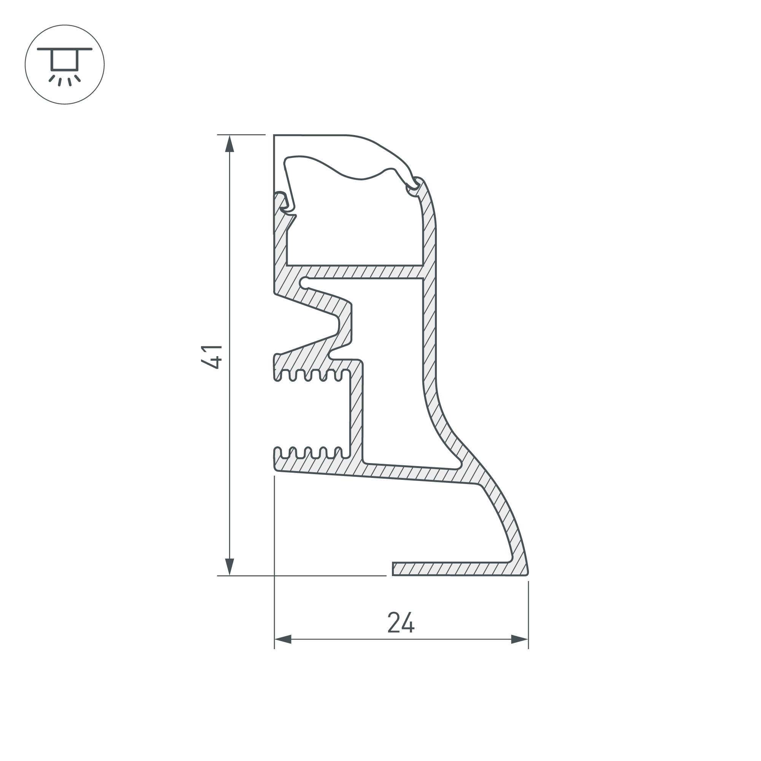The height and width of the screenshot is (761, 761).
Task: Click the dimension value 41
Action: (x=212, y=357)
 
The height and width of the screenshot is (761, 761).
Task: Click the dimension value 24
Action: (x=401, y=623)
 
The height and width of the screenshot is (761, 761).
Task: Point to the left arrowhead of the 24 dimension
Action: (x=283, y=639)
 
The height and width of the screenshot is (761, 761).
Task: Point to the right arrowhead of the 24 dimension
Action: (x=519, y=639)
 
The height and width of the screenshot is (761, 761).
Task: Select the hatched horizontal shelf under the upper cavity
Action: (x=355, y=271)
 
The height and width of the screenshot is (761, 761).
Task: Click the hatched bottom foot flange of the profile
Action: (x=453, y=569)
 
